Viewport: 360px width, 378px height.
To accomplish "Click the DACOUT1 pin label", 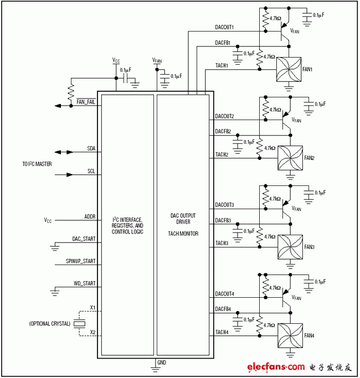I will pos(224,27).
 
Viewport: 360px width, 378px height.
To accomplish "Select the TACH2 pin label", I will pos(222,154).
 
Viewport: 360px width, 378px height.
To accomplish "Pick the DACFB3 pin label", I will pos(223,221).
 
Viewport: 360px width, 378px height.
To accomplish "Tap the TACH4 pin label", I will pos(222,332).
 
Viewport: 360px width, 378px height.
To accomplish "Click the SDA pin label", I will pos(91,149).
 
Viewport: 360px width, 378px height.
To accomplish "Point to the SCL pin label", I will pos(91,172).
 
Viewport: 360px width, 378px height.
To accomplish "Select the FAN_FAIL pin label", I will pos(86,102).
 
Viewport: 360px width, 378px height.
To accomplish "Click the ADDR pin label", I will pos(90,216).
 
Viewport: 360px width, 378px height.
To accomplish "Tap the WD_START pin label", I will pos(85,283).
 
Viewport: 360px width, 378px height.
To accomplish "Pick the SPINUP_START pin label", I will pos(81,261).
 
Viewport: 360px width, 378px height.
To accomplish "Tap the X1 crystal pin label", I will pos(92,307).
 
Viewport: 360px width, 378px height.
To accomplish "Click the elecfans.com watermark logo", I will pos(276,366).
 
